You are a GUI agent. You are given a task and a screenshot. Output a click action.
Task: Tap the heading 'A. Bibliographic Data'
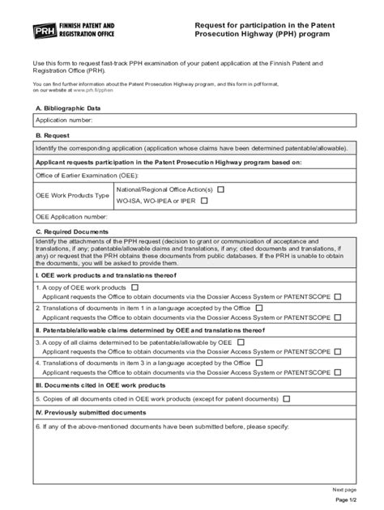point(68,107)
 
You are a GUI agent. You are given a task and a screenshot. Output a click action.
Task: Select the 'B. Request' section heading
point(53,135)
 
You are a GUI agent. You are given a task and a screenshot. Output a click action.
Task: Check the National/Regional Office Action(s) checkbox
point(220,189)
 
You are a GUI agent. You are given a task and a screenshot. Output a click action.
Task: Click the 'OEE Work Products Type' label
point(71,195)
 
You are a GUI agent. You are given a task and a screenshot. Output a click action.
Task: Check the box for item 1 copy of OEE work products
point(134,287)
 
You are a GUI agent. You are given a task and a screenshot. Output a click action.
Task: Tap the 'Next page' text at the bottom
point(344,490)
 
